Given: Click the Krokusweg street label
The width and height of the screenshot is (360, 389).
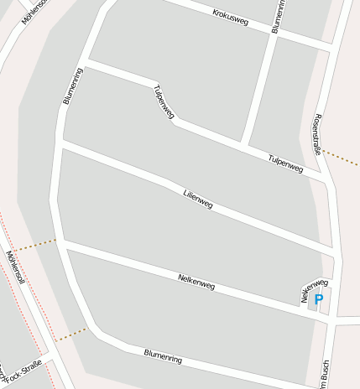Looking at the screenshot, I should [231, 18].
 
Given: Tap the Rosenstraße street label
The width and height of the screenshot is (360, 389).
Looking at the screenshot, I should [317, 134].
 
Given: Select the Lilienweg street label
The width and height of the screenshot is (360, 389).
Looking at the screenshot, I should [198, 200].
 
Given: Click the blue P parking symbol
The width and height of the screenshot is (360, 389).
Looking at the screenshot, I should [319, 299].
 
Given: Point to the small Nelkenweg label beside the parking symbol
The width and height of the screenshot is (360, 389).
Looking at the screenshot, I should [314, 289].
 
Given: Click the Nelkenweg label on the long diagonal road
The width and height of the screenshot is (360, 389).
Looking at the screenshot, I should [196, 281].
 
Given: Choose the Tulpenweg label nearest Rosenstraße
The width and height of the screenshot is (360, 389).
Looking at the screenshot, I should [285, 163].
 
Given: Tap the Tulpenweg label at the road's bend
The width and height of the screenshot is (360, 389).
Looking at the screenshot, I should [163, 106].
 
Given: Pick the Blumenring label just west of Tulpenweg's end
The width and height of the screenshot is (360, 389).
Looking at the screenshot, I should [72, 85].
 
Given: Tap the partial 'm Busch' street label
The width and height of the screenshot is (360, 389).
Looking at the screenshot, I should [321, 374].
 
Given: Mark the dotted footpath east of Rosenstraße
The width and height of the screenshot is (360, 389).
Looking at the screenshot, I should [342, 158].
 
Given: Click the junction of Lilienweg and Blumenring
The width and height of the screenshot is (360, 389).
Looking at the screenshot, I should [60, 144].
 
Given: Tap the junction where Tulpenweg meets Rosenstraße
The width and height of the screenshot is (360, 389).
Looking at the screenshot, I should [326, 178].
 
